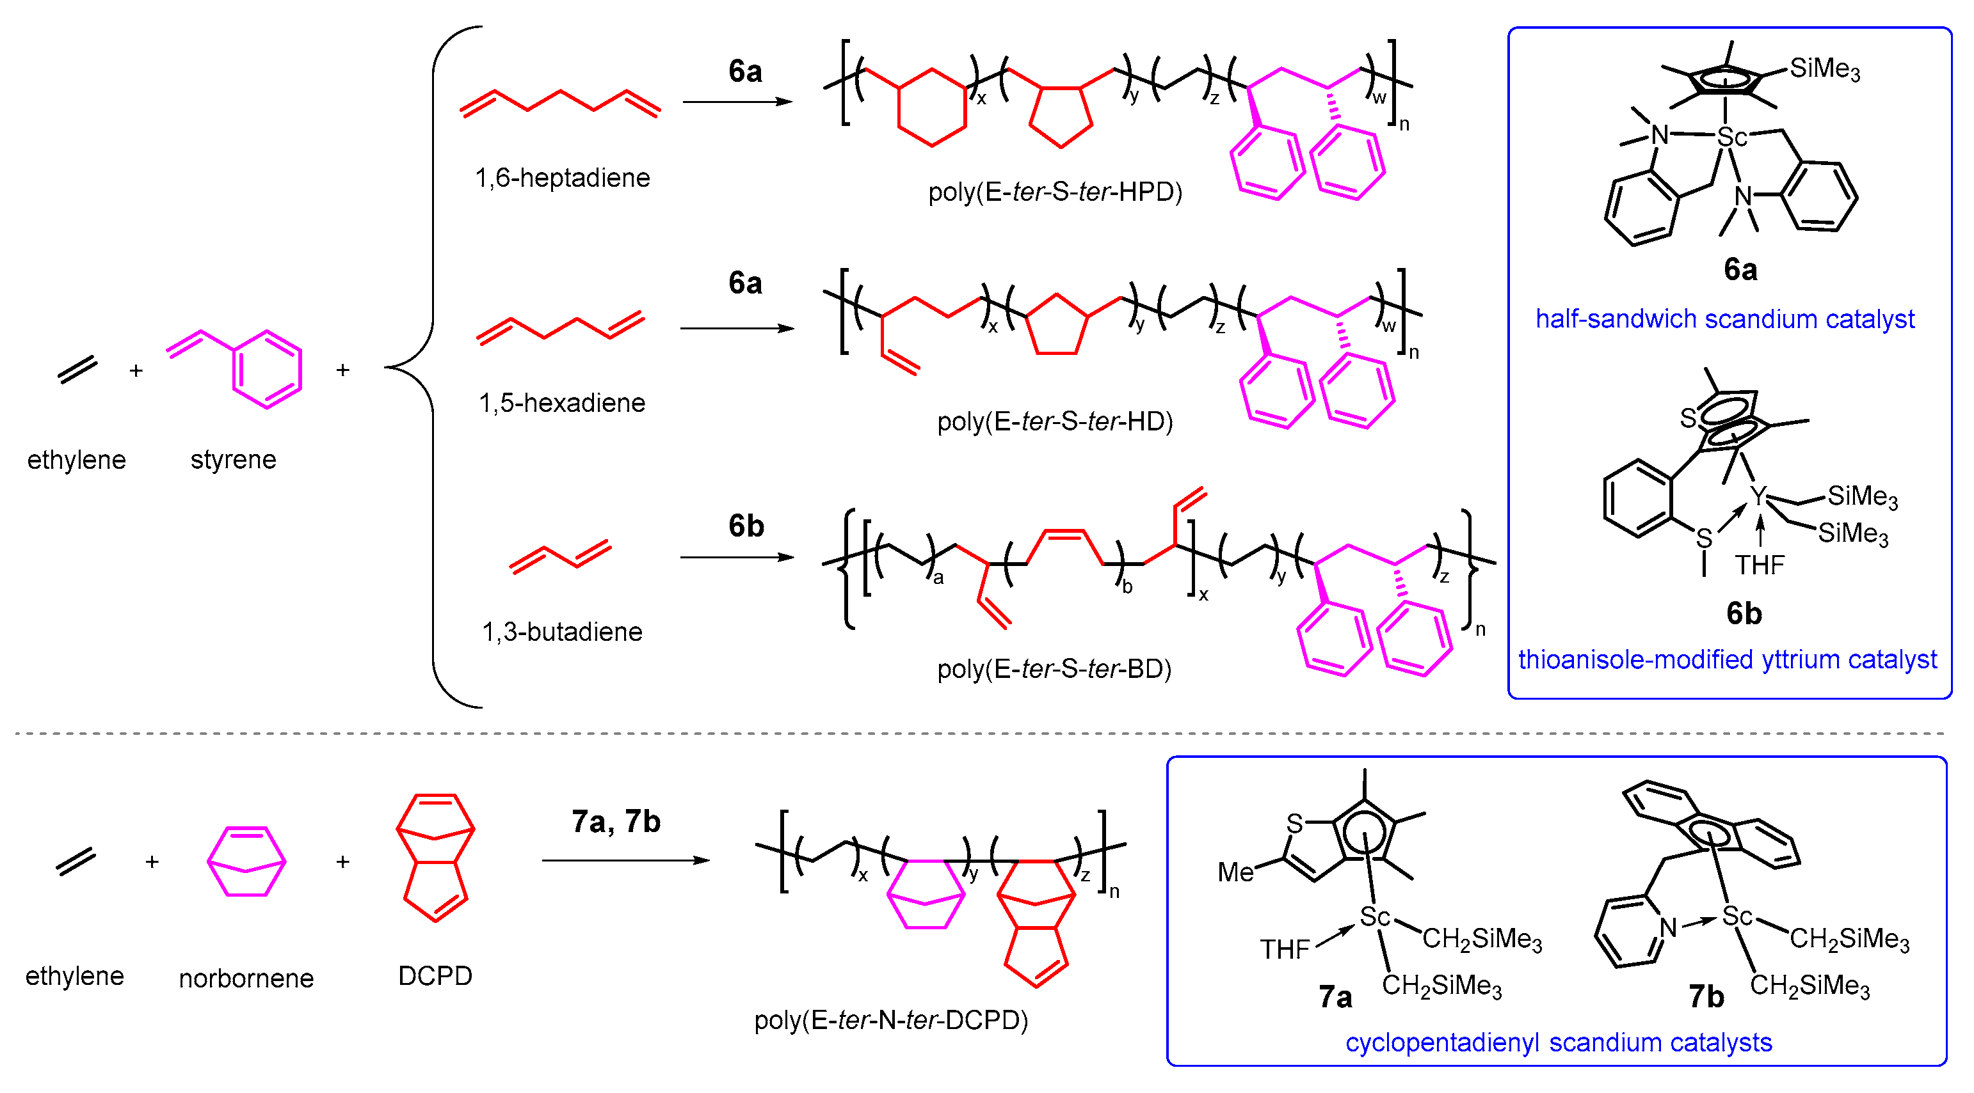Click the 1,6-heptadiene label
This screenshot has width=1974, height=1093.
pyautogui.click(x=562, y=178)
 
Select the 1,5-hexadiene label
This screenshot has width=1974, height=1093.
pyautogui.click(x=562, y=403)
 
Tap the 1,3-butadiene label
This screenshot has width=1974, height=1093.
pyautogui.click(x=562, y=632)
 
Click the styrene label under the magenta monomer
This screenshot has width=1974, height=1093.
pyautogui.click(x=233, y=460)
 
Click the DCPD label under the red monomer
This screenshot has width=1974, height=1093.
pyautogui.click(x=435, y=976)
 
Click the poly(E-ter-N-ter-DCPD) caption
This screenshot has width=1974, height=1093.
pyautogui.click(x=890, y=1020)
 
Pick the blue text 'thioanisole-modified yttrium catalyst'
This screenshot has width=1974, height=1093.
pyautogui.click(x=1727, y=659)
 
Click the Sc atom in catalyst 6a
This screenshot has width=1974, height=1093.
pyautogui.click(x=1731, y=137)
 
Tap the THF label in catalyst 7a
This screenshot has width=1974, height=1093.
pyautogui.click(x=1285, y=950)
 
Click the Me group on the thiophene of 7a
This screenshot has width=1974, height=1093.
pyautogui.click(x=1235, y=872)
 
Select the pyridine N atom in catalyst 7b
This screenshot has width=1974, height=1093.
pyautogui.click(x=1668, y=927)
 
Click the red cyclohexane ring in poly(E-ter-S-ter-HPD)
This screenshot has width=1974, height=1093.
pyautogui.click(x=931, y=108)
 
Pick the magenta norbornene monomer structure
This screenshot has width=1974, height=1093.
pyautogui.click(x=246, y=861)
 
